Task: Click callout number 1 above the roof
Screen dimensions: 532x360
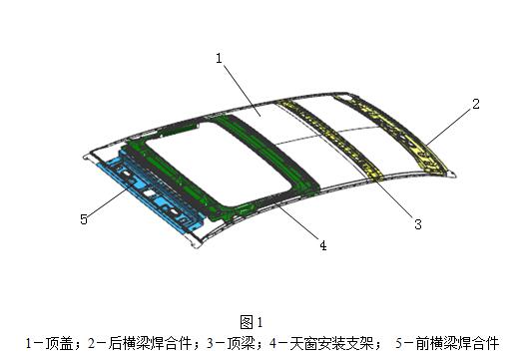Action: coord(219,58)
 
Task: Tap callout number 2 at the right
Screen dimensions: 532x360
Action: coord(476,103)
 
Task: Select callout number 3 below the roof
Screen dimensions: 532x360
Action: coord(418,224)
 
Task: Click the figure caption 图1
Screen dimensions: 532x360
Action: coord(251,321)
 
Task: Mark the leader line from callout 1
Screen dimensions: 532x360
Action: coord(240,85)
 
